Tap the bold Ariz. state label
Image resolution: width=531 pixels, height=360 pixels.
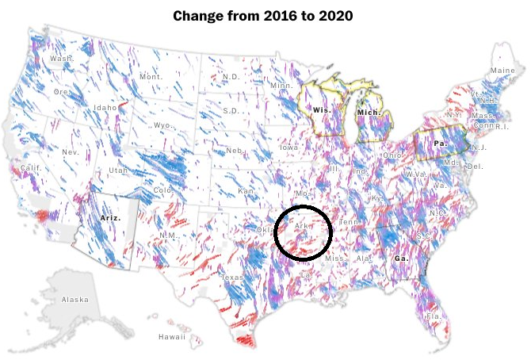[112, 216]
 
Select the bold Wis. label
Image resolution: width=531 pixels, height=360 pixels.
[321, 110]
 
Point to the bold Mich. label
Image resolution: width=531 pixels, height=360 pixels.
[369, 113]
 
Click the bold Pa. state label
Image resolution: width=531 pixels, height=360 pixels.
[440, 144]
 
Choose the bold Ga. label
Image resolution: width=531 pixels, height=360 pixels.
[402, 258]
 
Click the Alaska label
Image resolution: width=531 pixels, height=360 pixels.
[74, 299]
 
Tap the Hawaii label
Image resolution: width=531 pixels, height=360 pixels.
[171, 336]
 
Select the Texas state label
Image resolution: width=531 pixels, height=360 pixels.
[232, 278]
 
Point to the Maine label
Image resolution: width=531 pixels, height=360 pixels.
[502, 71]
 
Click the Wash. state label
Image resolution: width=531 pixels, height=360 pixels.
[61, 59]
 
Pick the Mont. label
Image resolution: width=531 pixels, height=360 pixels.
[151, 77]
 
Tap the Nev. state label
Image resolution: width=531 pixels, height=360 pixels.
[71, 151]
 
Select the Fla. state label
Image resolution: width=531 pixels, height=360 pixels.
[434, 316]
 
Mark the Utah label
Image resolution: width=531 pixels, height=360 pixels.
[117, 170]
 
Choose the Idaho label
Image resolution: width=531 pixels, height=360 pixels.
[105, 107]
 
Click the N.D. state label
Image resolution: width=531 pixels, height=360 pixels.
[231, 77]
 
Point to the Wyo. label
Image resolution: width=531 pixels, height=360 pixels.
[163, 125]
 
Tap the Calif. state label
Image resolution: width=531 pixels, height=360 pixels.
[31, 168]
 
